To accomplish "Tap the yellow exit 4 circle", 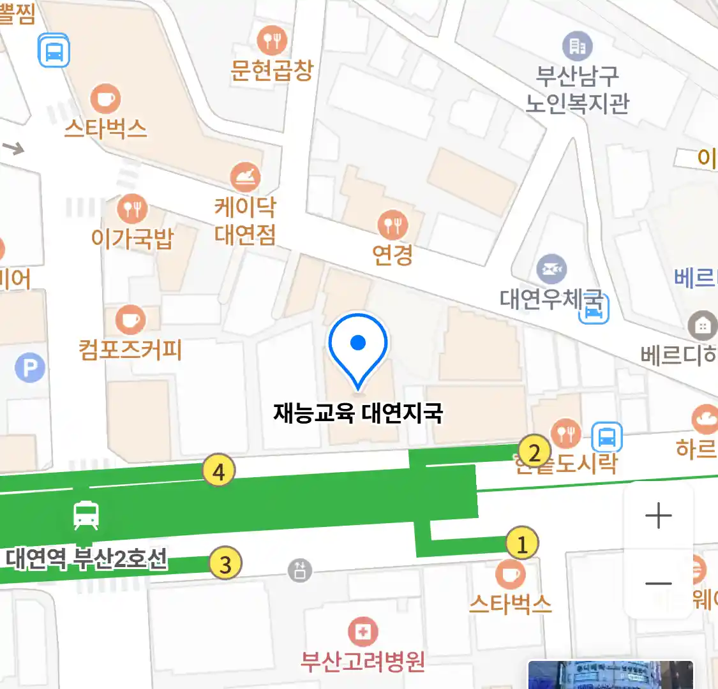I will (219, 471).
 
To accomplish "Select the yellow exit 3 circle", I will (225, 563).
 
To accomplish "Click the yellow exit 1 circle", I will (522, 544).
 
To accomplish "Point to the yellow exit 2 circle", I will (534, 452).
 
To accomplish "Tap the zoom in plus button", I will (658, 515).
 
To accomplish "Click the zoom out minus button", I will (658, 583).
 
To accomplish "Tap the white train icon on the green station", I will (86, 514).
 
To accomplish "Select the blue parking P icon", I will (30, 368).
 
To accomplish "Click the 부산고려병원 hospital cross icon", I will (363, 632).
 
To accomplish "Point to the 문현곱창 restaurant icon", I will (272, 41).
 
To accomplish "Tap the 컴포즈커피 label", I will (130, 350).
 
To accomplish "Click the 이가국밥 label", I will (132, 239).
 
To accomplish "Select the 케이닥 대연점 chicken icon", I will (245, 177).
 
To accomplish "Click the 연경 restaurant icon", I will (393, 224).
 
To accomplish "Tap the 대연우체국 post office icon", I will (551, 269).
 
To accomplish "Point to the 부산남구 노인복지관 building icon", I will (577, 46).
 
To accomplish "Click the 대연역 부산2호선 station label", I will (87, 558).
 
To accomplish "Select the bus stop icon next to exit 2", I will (606, 438).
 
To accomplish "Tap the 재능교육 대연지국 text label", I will (358, 413).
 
